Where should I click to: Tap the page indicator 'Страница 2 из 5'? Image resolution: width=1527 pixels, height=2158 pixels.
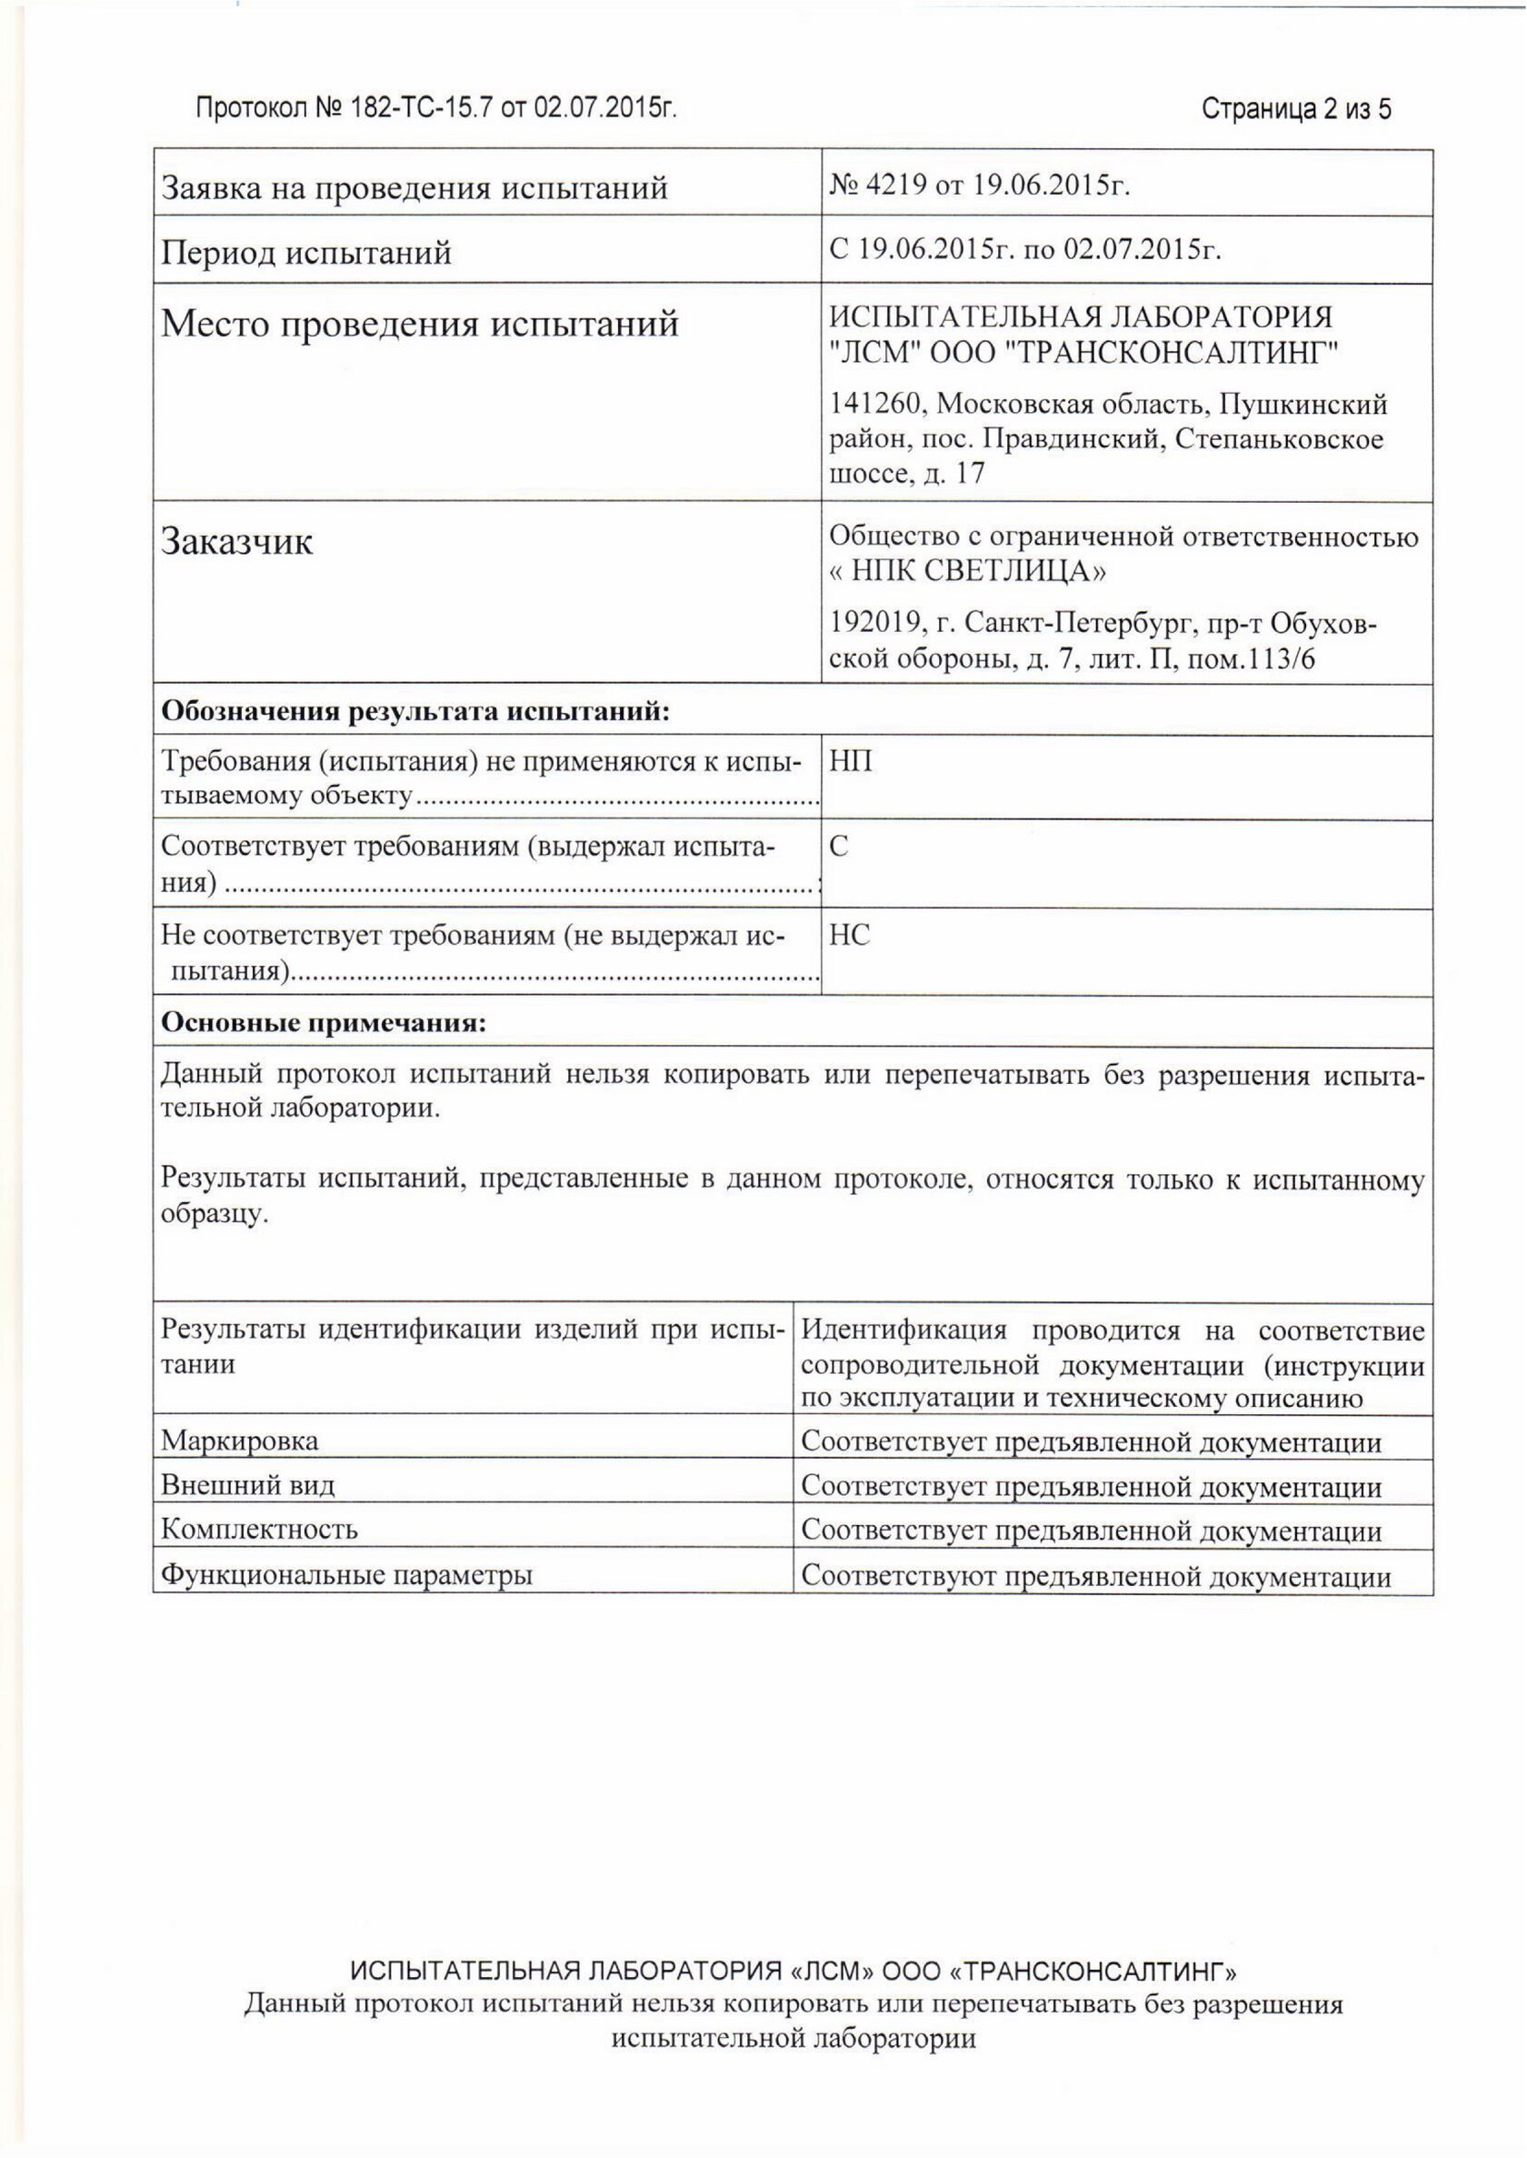pos(1296,109)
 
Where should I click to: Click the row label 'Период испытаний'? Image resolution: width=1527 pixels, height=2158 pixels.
pos(306,253)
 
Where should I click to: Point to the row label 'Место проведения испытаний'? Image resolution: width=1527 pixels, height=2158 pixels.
pos(419,325)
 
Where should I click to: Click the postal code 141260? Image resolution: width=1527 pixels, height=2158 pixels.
pos(877,405)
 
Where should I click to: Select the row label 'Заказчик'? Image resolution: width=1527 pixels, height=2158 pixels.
pos(237,542)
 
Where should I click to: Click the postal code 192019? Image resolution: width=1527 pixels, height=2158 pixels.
pos(877,624)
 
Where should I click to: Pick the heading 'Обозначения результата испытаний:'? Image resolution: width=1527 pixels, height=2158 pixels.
pos(415,711)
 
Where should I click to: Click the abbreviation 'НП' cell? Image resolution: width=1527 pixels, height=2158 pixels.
pos(850,760)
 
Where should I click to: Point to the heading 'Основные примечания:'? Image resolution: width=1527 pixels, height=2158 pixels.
pos(324,1022)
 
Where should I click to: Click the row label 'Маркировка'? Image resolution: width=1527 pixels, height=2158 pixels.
pos(240,1440)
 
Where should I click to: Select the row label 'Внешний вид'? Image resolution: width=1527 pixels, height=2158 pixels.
pos(247,1485)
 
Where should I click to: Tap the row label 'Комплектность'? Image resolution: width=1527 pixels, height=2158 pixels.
pos(260,1529)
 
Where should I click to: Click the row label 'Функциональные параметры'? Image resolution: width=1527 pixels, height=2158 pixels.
pos(347,1575)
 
